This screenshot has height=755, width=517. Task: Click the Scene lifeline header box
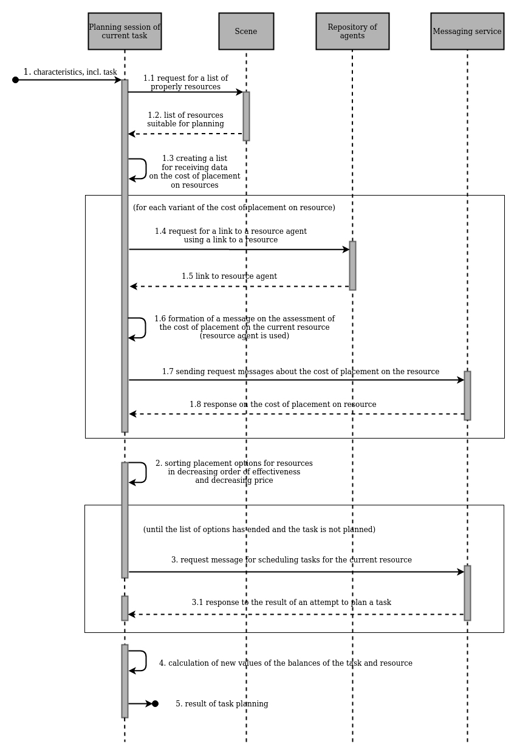click(x=246, y=31)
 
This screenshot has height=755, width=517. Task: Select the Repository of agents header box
click(x=352, y=31)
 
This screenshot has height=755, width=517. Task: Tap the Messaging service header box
click(x=467, y=31)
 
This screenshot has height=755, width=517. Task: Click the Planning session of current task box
click(x=125, y=31)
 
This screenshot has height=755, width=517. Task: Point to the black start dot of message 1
click(x=16, y=80)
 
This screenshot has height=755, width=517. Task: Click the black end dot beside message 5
click(x=156, y=703)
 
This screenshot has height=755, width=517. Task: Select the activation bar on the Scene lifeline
click(x=246, y=116)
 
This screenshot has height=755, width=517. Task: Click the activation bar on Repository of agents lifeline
click(x=352, y=265)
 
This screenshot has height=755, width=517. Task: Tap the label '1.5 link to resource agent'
click(x=229, y=276)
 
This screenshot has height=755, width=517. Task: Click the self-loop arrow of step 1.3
click(x=143, y=169)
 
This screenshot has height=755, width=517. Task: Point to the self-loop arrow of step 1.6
click(x=143, y=328)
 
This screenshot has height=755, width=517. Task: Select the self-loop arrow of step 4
click(x=143, y=661)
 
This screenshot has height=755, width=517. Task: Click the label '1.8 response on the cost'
click(x=282, y=405)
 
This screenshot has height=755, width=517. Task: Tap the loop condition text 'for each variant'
click(x=234, y=208)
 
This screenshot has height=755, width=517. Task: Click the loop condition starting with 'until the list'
click(x=259, y=530)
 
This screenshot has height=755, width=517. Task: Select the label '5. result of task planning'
click(x=222, y=704)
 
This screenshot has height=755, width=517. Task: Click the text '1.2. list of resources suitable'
click(x=185, y=120)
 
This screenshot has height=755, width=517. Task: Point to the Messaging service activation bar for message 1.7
click(x=467, y=395)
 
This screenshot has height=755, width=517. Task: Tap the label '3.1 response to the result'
click(x=291, y=603)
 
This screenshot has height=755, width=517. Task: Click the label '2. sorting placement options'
click(x=234, y=472)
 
